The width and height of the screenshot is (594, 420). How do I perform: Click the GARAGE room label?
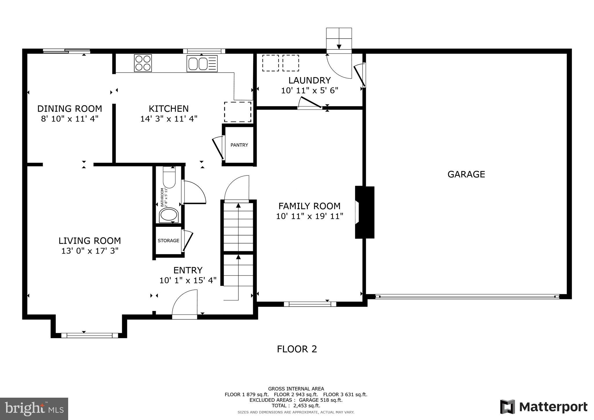point(466,174)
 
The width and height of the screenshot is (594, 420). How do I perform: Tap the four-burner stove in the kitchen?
point(143,63)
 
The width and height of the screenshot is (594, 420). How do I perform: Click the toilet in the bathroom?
point(169,178)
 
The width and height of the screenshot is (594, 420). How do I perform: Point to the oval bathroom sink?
point(169,215)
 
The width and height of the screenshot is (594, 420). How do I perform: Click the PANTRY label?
point(239,145)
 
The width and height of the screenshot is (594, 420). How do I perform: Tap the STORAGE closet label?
point(168,240)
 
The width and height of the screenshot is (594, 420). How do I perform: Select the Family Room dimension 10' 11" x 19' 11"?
point(309,216)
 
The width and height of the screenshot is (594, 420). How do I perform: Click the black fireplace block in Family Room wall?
point(365,212)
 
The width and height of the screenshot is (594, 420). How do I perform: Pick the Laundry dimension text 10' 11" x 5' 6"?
point(309,90)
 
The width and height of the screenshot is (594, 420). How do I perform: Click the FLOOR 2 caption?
point(297,349)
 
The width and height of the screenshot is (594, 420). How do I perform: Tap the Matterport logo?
point(544,407)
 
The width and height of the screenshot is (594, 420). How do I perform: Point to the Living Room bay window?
point(89,335)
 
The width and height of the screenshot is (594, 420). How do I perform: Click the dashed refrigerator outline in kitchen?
point(238,112)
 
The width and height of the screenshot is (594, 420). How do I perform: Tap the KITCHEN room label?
point(169,109)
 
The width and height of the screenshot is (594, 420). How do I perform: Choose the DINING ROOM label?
point(70,109)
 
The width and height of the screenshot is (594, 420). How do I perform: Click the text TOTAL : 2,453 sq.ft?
point(296,405)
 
